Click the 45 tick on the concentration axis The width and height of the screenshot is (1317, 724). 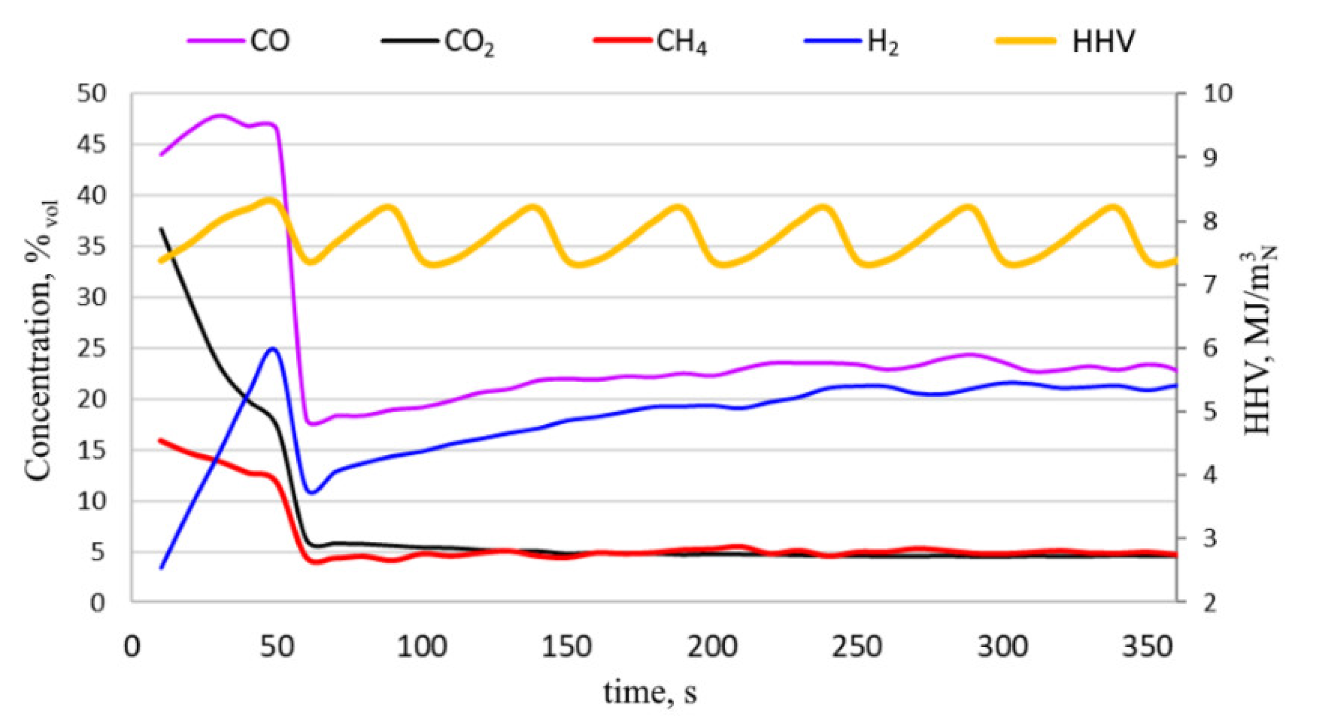pyautogui.click(x=92, y=145)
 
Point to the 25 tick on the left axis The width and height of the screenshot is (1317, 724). pyautogui.click(x=92, y=349)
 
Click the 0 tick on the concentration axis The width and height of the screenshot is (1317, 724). pyautogui.click(x=97, y=603)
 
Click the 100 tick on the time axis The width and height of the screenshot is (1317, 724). pyautogui.click(x=422, y=647)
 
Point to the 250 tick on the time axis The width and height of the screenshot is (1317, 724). pyautogui.click(x=857, y=647)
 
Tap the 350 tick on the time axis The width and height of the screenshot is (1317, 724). pyautogui.click(x=1147, y=647)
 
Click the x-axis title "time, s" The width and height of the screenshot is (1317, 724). pyautogui.click(x=650, y=693)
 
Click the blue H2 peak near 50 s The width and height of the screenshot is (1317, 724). pyautogui.click(x=272, y=348)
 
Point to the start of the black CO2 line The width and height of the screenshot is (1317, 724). pyautogui.click(x=161, y=228)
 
